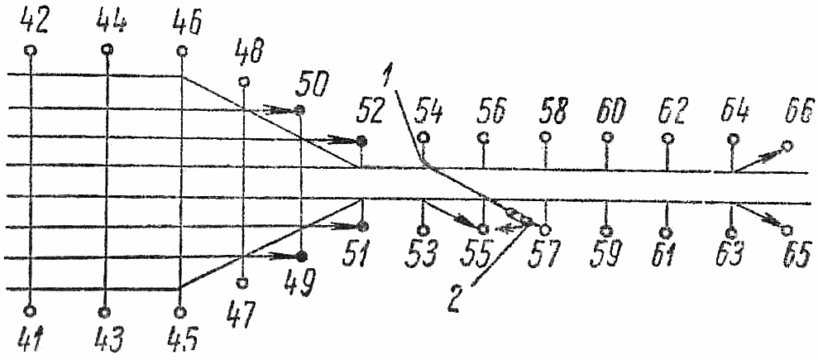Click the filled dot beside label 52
(361, 142)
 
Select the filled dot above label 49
(301, 256)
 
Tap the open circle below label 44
(105, 50)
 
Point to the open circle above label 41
(29, 311)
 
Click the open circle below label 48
(243, 81)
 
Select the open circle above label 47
(242, 284)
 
